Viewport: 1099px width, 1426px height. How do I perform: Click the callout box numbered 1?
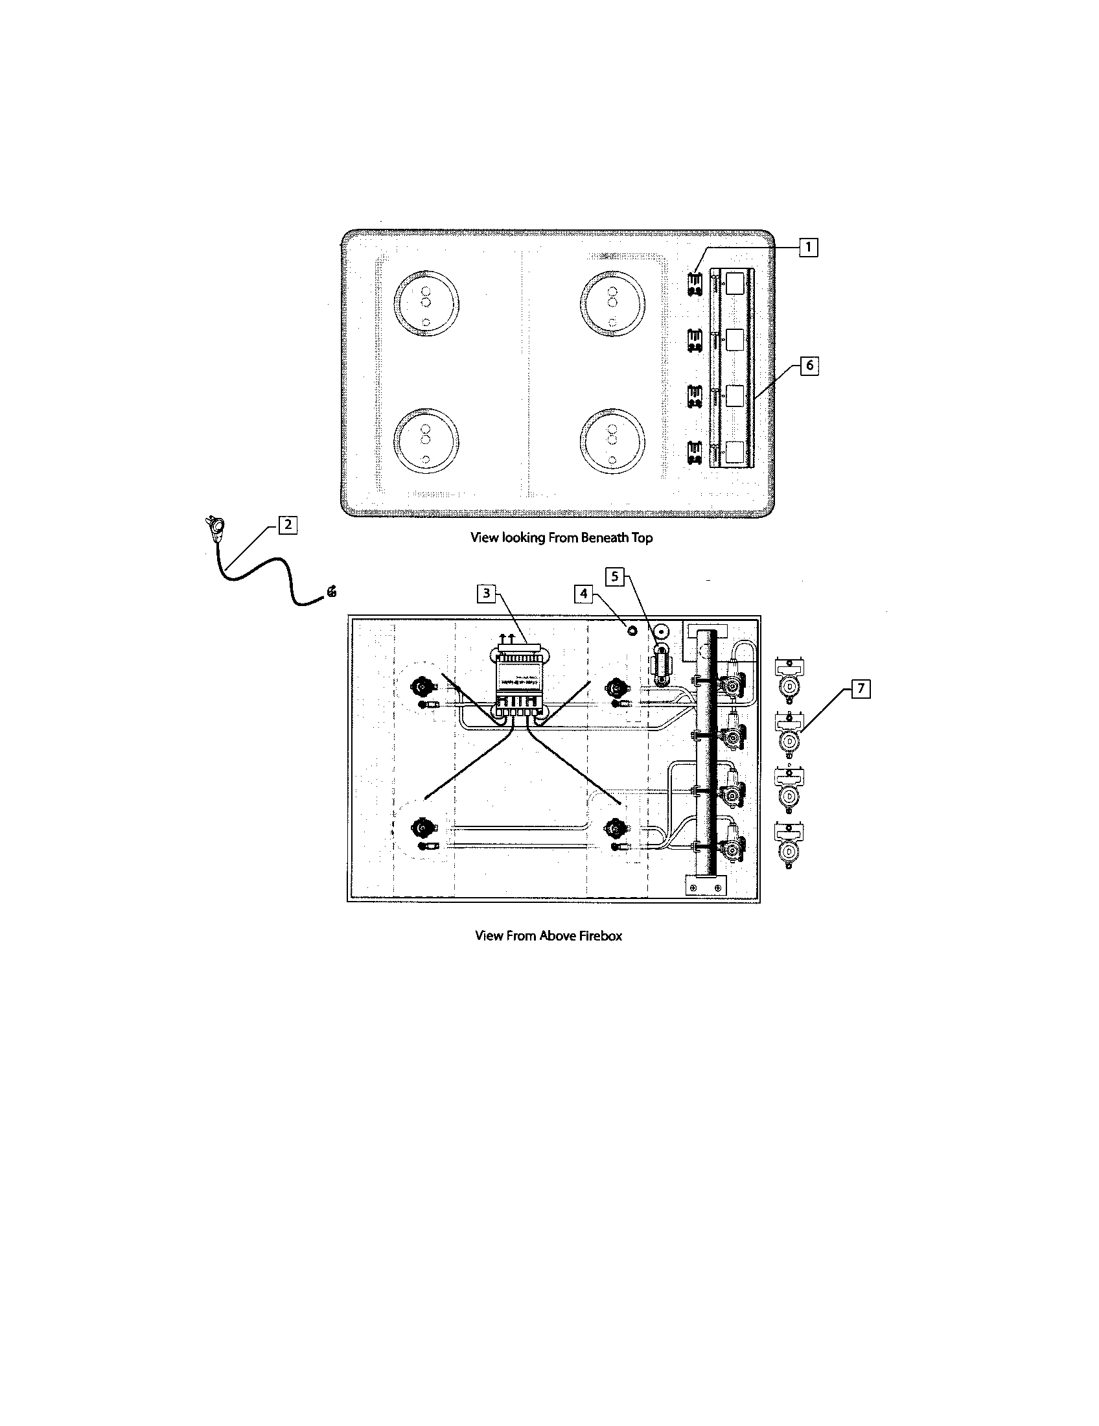pos(809,248)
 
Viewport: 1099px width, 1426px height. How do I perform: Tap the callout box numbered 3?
pos(485,594)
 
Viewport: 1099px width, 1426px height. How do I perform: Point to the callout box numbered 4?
pos(584,594)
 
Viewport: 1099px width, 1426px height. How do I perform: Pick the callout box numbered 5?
pos(614,576)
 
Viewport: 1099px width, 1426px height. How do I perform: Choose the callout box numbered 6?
pos(809,365)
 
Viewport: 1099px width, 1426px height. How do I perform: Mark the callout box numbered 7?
pos(861,689)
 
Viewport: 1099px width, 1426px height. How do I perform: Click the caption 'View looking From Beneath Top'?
pos(561,538)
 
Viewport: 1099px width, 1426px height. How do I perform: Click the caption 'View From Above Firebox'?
pos(548,935)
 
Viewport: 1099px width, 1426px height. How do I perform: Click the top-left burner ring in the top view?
pos(426,303)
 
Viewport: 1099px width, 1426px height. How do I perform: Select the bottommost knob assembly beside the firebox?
pos(789,845)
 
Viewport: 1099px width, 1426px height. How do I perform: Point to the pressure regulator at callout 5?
pos(661,666)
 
